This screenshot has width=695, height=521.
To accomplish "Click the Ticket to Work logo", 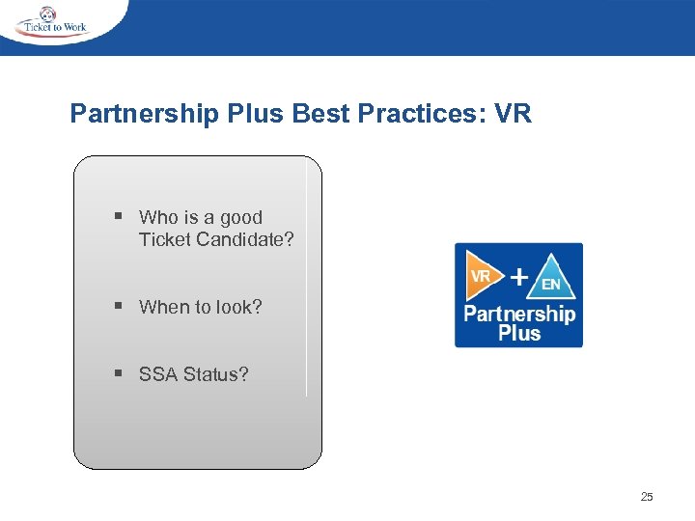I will pyautogui.click(x=52, y=22).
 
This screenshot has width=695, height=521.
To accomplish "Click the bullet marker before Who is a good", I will pyautogui.click(x=118, y=217).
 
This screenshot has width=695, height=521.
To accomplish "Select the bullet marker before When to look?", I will pyautogui.click(x=118, y=307).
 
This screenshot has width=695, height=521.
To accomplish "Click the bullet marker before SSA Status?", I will pyautogui.click(x=118, y=373).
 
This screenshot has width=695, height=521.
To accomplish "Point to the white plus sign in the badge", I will pyautogui.click(x=518, y=277).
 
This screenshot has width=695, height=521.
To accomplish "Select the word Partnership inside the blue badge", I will pyautogui.click(x=519, y=314).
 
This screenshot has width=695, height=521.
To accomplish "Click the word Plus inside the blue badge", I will pyautogui.click(x=519, y=334).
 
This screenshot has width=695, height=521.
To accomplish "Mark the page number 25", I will pyautogui.click(x=647, y=497).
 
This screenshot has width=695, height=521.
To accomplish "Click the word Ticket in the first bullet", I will pyautogui.click(x=164, y=239).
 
